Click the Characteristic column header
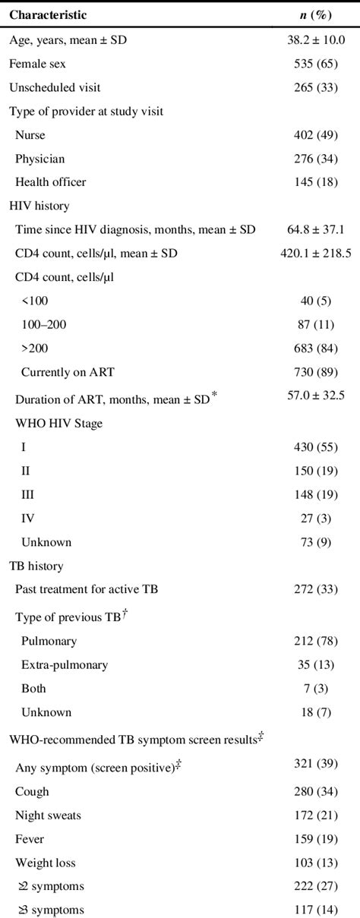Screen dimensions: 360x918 [48, 14]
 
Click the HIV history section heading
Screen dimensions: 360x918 [35, 207]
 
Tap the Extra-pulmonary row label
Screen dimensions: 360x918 [65, 665]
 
